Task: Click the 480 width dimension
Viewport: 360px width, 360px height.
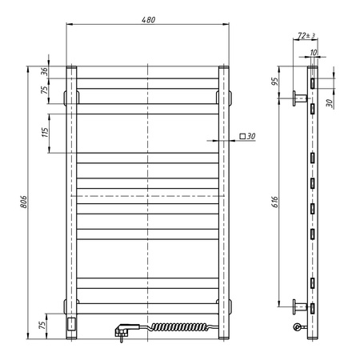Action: pyautogui.click(x=149, y=19)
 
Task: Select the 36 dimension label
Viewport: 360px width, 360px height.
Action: pyautogui.click(x=45, y=70)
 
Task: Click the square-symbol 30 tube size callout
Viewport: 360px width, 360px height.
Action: pyautogui.click(x=246, y=138)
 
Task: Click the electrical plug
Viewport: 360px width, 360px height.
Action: pyautogui.click(x=126, y=329)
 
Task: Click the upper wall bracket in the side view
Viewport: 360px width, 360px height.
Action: pyautogui.click(x=299, y=98)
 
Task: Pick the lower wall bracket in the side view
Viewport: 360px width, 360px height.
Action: pyautogui.click(x=299, y=305)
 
